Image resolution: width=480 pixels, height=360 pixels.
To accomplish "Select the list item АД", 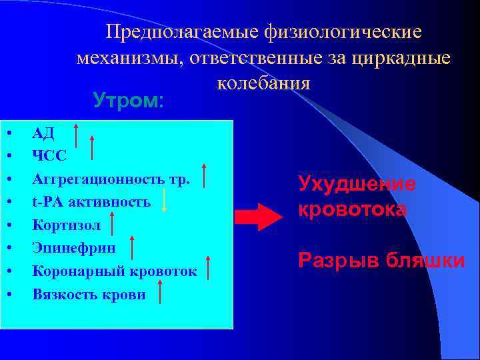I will click(43, 133).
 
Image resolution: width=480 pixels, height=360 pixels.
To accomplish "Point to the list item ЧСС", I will click(49, 155).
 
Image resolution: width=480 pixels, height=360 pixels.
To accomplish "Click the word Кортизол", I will click(67, 225).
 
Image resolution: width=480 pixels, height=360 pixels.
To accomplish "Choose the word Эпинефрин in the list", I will click(73, 248).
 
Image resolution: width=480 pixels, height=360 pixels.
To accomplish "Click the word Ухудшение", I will click(357, 184).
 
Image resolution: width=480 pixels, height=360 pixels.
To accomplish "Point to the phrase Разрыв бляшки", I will click(382, 261).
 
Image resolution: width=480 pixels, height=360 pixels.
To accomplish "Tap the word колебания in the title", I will click(263, 83).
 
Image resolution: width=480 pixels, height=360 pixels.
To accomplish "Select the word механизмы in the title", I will click(130, 58).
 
